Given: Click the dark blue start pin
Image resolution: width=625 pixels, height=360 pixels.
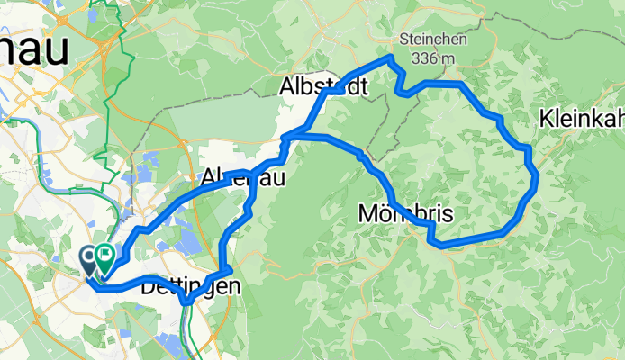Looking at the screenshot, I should (x=91, y=260).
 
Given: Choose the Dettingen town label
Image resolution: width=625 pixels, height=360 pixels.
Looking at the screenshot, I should (x=190, y=288).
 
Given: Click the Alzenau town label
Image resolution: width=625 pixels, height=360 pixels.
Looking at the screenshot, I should (x=244, y=177).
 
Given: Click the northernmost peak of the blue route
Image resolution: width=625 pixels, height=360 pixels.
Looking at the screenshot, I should (x=389, y=58).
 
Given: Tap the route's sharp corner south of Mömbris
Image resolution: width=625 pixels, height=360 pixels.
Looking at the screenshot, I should (x=434, y=242).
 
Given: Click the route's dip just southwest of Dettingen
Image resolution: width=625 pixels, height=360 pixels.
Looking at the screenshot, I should (x=186, y=301).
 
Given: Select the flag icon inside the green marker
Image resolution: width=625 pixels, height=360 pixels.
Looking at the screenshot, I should (x=105, y=256).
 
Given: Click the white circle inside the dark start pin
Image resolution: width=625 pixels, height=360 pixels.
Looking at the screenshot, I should (x=91, y=256).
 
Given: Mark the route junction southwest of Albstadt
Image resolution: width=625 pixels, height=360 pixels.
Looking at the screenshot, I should (x=285, y=138).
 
